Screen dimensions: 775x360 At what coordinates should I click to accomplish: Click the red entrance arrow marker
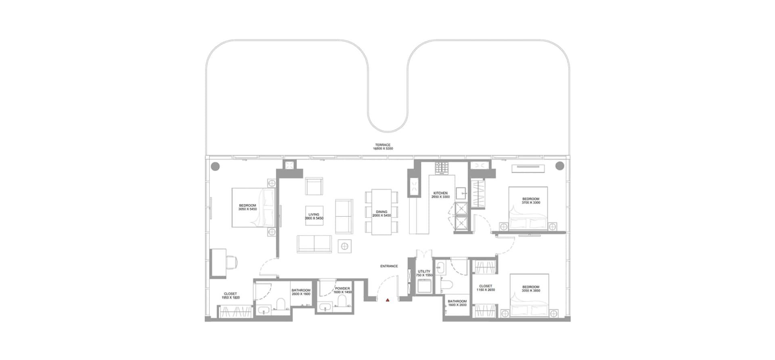tap(387, 300)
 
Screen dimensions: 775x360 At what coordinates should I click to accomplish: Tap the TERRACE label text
tap(383, 145)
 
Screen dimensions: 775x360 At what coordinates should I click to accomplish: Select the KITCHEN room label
tap(440, 193)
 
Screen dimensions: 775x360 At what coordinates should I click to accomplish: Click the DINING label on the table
tap(381, 212)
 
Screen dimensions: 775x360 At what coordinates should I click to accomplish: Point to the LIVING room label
tap(314, 215)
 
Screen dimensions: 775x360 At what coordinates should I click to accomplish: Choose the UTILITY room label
tap(424, 272)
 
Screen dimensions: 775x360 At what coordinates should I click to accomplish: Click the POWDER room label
tap(342, 289)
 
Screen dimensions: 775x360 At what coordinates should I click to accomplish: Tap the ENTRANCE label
tap(389, 266)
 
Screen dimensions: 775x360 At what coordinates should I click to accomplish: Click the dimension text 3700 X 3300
tap(531, 203)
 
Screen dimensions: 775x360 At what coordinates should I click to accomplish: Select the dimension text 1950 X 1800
tap(230, 298)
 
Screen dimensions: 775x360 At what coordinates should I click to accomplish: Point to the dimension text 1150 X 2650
tap(486, 290)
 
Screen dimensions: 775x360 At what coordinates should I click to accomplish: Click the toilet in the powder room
tap(342, 302)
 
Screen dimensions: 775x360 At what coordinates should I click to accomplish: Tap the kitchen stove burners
tap(442, 167)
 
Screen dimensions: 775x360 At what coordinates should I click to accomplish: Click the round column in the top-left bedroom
tap(215, 166)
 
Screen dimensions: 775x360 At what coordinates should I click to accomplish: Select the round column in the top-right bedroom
tap(559, 165)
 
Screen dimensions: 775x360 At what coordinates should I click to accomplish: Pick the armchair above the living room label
tap(314, 186)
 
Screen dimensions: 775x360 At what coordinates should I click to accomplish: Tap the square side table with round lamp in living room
tap(345, 246)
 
